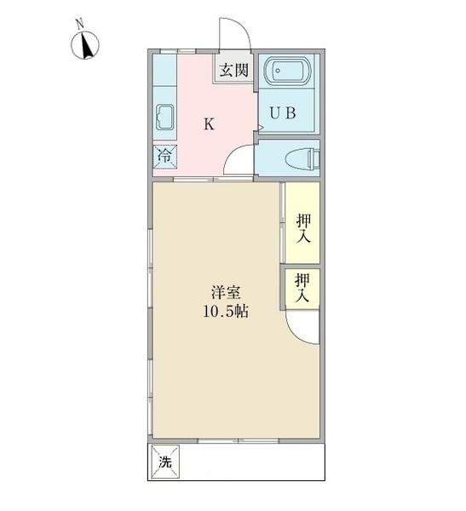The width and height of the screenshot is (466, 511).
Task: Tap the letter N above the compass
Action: (79, 25)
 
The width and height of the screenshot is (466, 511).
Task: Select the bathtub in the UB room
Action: (290, 72)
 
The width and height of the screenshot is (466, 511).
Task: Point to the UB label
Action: (284, 113)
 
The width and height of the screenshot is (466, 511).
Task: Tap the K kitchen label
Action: (210, 124)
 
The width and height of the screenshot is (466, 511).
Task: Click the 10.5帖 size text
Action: (225, 312)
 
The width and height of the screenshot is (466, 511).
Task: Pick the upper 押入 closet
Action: (302, 228)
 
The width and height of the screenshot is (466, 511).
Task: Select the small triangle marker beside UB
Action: (262, 129)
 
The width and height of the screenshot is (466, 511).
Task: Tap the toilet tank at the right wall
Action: (314, 157)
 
